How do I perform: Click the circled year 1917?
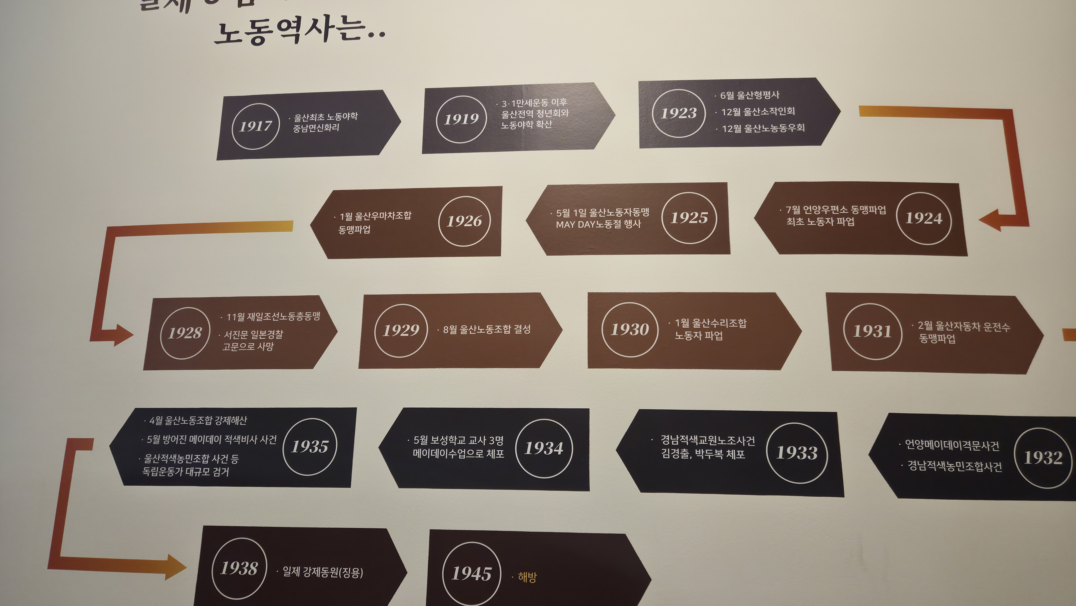click(255, 126)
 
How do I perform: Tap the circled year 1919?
click(461, 119)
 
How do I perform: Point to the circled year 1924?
click(924, 218)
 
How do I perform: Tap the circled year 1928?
click(185, 333)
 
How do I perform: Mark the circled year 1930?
click(630, 330)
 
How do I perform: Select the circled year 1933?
click(797, 453)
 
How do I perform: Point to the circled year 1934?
click(544, 448)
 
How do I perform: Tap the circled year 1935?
click(309, 447)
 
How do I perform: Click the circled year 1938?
click(239, 568)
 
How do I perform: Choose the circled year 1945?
click(471, 573)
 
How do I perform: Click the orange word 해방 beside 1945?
click(527, 577)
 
